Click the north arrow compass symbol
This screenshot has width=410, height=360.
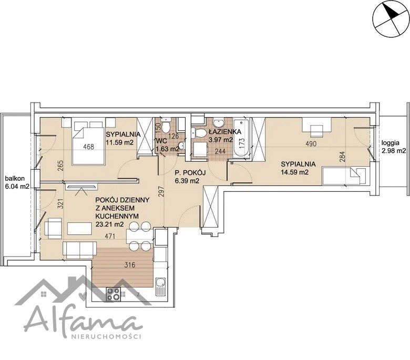click(391, 18)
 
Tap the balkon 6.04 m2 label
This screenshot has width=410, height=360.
click(17, 182)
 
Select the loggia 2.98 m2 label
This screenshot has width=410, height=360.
click(393, 147)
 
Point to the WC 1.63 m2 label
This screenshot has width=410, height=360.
click(167, 145)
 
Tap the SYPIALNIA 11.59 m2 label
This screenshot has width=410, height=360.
click(123, 138)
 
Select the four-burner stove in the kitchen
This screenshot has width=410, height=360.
click(114, 294)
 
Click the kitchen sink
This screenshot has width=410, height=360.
click(160, 286)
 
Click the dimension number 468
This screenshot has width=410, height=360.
click(88, 147)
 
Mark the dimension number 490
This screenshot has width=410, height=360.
click(311, 143)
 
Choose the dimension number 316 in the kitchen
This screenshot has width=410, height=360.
click(130, 265)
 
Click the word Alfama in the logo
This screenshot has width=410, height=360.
click(83, 320)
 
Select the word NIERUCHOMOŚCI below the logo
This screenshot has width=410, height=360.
click(106, 336)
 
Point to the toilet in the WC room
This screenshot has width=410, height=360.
click(165, 126)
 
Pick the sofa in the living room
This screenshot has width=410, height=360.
click(80, 250)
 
